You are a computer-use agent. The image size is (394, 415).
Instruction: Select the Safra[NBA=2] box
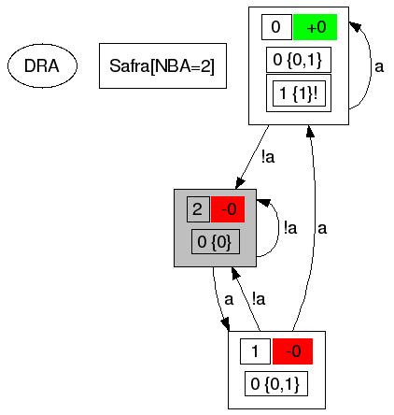pos(162,65)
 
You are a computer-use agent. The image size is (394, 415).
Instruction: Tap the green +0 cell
pos(316,27)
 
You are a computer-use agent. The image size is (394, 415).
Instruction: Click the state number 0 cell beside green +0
pos(275,27)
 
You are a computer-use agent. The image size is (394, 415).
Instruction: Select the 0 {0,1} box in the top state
pos(299,62)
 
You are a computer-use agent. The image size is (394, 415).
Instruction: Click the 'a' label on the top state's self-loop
pos(379,66)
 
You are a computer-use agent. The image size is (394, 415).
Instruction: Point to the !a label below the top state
pos(269,157)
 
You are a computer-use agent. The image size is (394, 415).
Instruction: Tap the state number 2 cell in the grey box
pos(197,209)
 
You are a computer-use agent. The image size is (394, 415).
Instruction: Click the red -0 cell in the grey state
pos(227,209)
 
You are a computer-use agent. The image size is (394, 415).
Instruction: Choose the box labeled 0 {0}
pos(216,242)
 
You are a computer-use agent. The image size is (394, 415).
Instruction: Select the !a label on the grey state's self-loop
pos(290,227)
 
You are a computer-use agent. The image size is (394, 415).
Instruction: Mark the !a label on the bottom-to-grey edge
pos(259,299)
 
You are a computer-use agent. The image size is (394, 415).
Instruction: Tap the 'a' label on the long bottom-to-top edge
pos(322,227)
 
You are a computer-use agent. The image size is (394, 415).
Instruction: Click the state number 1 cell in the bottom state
pos(255,351)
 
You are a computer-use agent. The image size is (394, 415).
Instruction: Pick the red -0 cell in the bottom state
pos(292,351)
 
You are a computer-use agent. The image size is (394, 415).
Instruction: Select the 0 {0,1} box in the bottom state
pos(276,383)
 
